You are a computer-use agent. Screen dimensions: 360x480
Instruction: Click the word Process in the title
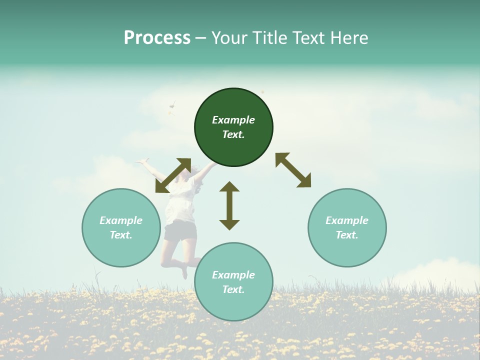click(x=157, y=38)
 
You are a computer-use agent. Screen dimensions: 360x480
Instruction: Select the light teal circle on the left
click(x=121, y=250)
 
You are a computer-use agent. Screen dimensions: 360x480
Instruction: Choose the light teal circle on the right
click(x=347, y=250)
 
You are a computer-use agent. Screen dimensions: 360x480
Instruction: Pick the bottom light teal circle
click(x=233, y=305)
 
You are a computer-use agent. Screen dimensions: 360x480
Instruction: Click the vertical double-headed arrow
click(x=229, y=205)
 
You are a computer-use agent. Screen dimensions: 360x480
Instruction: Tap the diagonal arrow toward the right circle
click(x=293, y=170)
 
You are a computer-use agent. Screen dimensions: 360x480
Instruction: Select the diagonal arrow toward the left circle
click(x=173, y=175)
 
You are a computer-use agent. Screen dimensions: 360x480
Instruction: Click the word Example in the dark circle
click(x=233, y=120)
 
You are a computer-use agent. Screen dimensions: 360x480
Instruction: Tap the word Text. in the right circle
click(x=347, y=235)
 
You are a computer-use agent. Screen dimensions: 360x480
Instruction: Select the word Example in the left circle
click(x=121, y=220)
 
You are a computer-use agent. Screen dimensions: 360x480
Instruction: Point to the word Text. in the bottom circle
click(x=233, y=289)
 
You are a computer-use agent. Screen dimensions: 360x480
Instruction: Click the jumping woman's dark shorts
click(x=180, y=231)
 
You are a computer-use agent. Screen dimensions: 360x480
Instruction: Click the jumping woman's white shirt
click(x=179, y=205)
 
